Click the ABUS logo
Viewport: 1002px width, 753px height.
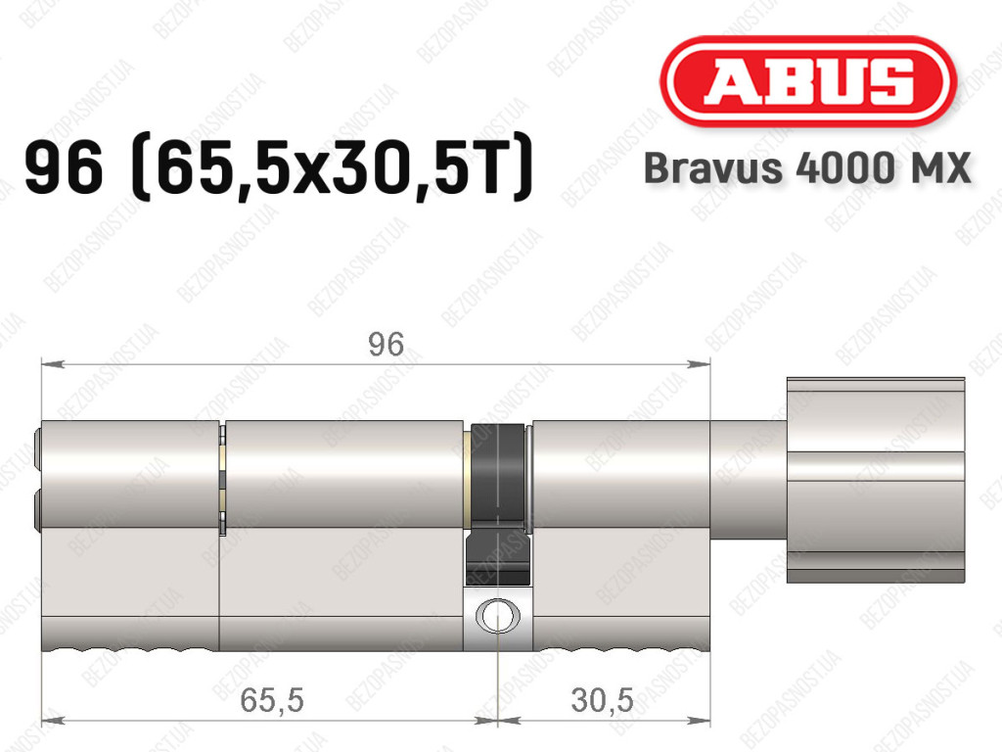(x=808, y=81)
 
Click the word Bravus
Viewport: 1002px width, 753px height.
(x=712, y=168)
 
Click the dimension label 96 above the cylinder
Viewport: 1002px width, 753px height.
(x=386, y=345)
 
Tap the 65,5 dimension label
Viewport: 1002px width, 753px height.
(x=272, y=700)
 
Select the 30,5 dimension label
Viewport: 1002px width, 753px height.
(x=602, y=700)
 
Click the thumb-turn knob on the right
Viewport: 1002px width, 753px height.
(x=876, y=480)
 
